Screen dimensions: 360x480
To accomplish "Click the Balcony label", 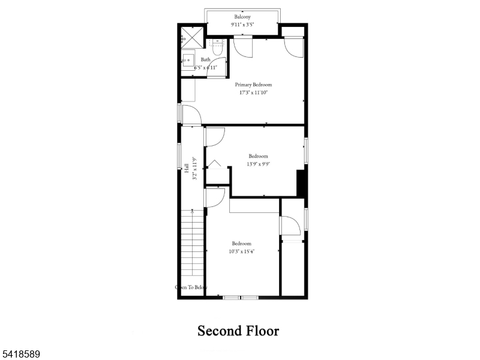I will point(242,17).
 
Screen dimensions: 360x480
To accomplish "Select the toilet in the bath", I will point(218,47).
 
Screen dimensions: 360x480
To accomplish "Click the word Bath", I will point(205,59).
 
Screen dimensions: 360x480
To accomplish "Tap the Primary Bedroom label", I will point(253,85).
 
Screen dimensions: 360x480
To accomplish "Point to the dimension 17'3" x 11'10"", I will point(253,92).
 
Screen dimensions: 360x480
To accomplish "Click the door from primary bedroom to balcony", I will point(244,47).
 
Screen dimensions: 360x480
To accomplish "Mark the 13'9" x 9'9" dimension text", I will point(259,164).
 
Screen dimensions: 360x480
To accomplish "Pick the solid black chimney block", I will point(302,183).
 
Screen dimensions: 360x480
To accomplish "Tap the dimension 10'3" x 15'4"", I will point(241,251).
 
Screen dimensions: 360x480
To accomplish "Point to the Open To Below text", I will point(191,287).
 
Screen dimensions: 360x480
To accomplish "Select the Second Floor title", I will point(238,331).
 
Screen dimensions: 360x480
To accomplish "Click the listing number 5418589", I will point(20,355).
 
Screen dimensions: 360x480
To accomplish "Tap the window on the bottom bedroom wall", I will point(240,297).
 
